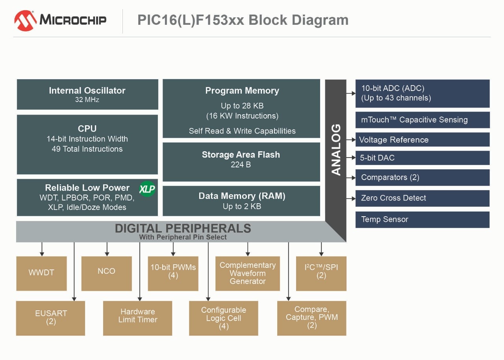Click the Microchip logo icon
tap(26, 20)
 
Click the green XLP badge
tap(147, 189)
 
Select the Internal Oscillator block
tap(87, 95)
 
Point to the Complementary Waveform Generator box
tap(247, 273)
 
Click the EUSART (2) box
tap(50, 318)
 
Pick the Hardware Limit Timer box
tap(137, 318)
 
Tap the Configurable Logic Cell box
tap(223, 318)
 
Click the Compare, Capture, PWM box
tap(311, 318)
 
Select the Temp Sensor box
tap(422, 219)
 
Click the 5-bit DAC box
tap(422, 158)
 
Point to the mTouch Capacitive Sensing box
tap(422, 120)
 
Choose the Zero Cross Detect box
tap(422, 198)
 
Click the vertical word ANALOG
tap(336, 149)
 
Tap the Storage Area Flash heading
tap(241, 155)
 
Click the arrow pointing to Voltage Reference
tap(351, 140)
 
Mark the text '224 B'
tap(241, 165)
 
